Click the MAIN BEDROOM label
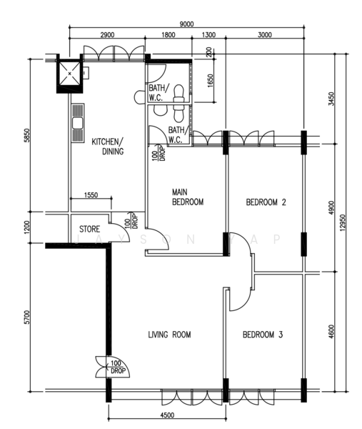click(187, 197)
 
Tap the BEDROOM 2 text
click(266, 202)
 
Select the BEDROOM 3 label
click(262, 334)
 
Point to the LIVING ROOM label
click(169, 334)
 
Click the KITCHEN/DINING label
click(108, 146)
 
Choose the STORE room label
click(89, 230)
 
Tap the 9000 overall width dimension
click(186, 24)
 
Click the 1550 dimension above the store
click(91, 195)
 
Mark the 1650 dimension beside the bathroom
click(209, 81)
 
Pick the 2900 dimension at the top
click(107, 34)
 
